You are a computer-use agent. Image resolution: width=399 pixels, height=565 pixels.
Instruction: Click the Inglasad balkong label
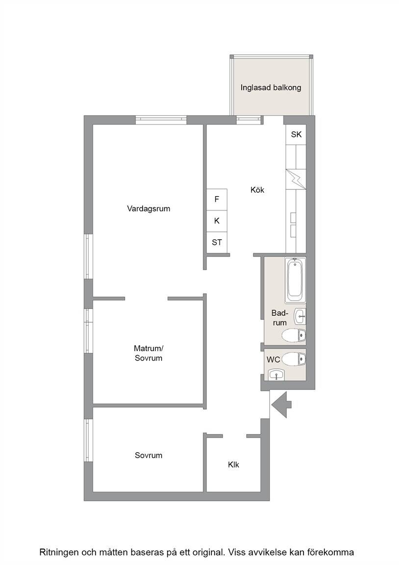[271, 88]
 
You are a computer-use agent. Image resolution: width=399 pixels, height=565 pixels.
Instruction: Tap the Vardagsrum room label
[149, 208]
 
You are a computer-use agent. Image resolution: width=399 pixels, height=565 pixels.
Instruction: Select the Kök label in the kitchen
[257, 190]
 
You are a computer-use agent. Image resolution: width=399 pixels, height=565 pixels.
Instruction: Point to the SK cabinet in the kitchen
[296, 134]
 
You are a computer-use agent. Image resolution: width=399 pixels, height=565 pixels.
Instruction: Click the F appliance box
[217, 199]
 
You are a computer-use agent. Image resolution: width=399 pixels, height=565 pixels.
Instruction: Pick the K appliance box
[217, 221]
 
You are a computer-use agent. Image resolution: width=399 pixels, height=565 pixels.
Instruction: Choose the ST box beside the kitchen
[217, 242]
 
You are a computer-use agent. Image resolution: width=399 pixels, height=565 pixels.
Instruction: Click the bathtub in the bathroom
[295, 280]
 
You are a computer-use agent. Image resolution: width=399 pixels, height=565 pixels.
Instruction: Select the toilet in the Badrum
[294, 335]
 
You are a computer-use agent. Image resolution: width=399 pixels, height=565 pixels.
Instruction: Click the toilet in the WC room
[294, 359]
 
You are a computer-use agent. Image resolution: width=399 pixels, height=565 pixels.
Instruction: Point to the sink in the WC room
[276, 375]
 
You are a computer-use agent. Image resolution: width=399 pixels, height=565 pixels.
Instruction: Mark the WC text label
[274, 360]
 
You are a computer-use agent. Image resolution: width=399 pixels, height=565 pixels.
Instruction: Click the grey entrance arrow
[281, 405]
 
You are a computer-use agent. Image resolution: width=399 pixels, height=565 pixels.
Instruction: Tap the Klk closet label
[233, 465]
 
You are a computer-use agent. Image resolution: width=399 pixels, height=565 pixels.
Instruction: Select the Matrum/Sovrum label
[149, 353]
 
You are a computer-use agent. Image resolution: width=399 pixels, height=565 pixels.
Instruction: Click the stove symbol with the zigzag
[296, 179]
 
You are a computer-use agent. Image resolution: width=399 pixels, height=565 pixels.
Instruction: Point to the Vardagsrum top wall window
[161, 120]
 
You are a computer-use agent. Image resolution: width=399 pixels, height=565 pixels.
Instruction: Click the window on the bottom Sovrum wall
[89, 440]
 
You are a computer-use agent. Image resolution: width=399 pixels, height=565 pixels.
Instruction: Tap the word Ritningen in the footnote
[59, 552]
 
